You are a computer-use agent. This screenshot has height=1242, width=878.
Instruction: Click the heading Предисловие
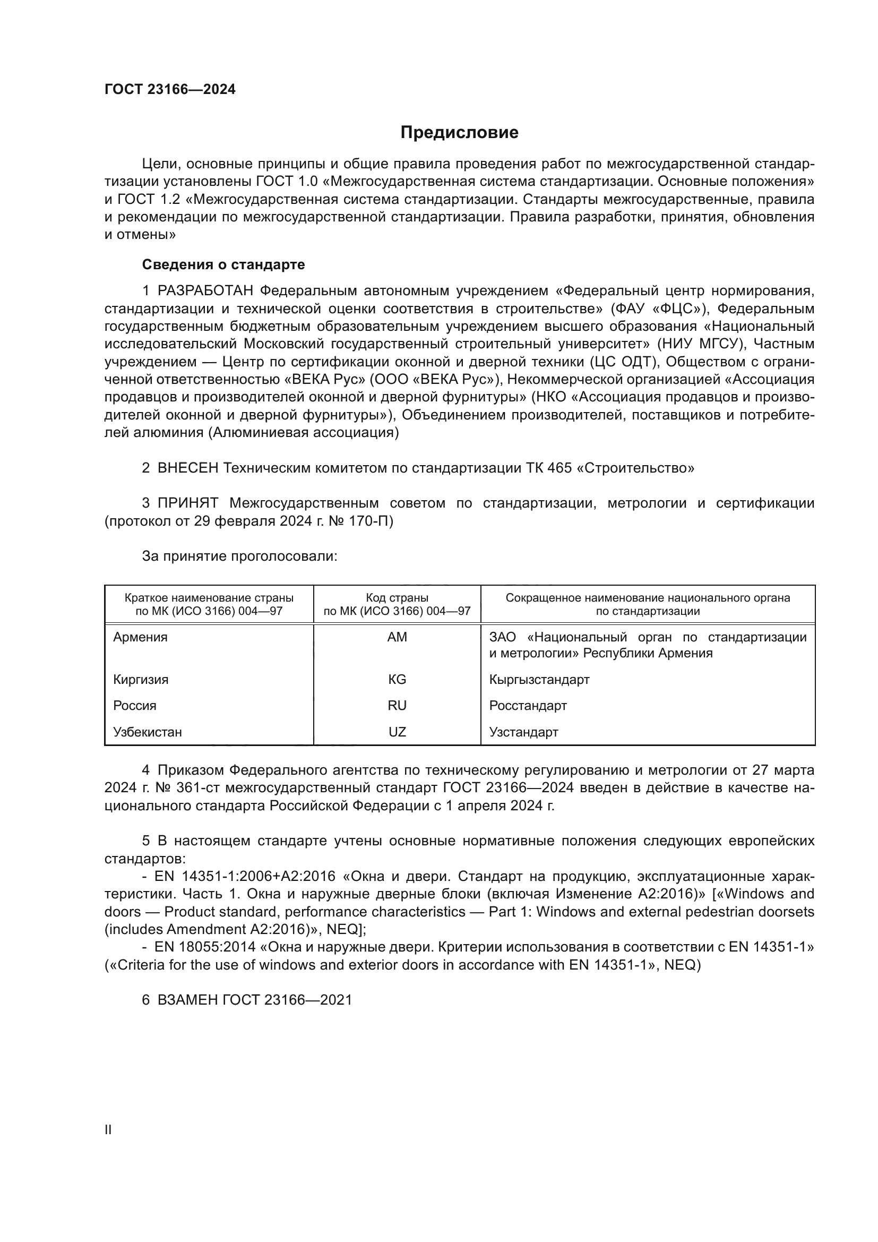pyautogui.click(x=459, y=133)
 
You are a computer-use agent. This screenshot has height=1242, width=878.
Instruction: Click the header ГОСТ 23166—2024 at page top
pyautogui.click(x=170, y=90)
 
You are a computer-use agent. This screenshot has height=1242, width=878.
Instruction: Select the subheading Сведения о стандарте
pyautogui.click(x=223, y=264)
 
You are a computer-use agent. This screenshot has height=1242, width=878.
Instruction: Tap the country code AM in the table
pyautogui.click(x=397, y=637)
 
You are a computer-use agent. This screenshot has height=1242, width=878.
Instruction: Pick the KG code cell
pyautogui.click(x=397, y=680)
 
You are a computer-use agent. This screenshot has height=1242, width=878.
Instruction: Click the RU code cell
pyautogui.click(x=397, y=705)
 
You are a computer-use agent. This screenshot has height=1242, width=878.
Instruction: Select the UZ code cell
pyautogui.click(x=397, y=732)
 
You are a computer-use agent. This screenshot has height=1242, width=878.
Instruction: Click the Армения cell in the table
pyautogui.click(x=141, y=637)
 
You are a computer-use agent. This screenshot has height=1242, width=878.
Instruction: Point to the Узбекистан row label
pyautogui.click(x=148, y=732)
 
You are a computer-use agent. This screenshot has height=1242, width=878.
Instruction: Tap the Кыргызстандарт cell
pyautogui.click(x=539, y=680)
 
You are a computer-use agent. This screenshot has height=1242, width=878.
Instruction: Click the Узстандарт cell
pyautogui.click(x=523, y=732)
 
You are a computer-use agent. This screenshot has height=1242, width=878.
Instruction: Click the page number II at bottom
pyautogui.click(x=108, y=1130)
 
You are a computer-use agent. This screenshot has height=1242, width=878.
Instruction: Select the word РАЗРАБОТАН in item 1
pyautogui.click(x=205, y=291)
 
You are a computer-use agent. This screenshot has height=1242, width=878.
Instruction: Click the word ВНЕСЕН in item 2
pyautogui.click(x=187, y=468)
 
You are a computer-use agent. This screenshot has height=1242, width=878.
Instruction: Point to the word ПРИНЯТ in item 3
pyautogui.click(x=187, y=503)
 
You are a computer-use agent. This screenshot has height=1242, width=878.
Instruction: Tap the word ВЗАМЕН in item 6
pyautogui.click(x=187, y=1000)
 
